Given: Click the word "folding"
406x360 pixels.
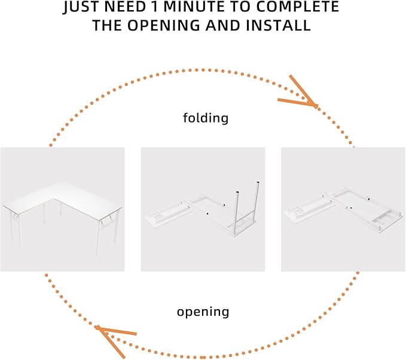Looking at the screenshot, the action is [206, 118].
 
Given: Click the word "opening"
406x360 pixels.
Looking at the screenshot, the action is [203, 312].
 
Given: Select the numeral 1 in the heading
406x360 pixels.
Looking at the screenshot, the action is [155, 7].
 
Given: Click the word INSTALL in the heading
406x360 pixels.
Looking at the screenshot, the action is [278, 25].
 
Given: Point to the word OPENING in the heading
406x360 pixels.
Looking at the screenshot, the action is [164, 25].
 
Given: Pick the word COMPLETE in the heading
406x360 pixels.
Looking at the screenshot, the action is [298, 7].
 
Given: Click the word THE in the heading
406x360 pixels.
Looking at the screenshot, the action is [107, 25].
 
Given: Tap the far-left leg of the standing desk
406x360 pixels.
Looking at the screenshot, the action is [11, 225].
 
